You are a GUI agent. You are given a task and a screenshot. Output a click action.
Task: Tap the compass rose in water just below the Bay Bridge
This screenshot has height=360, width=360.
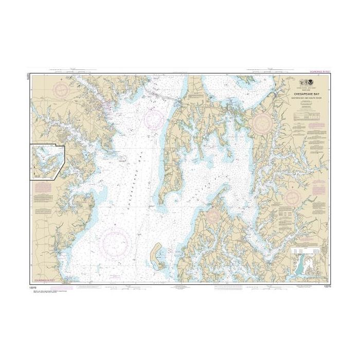point(154,119)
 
